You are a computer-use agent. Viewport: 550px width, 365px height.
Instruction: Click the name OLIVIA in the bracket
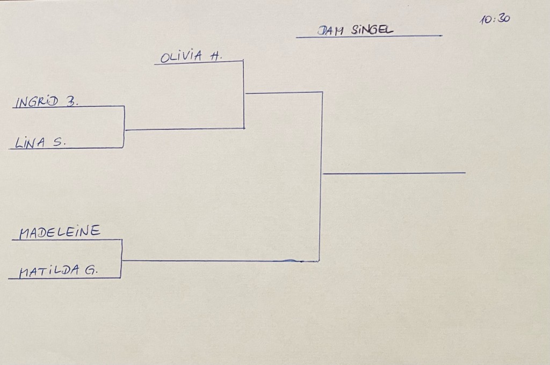click(x=182, y=57)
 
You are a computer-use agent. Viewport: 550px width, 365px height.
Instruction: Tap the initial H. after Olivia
click(x=216, y=56)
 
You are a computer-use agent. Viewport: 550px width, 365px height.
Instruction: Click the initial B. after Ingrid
click(x=72, y=101)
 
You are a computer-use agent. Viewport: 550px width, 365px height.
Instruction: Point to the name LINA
click(x=30, y=142)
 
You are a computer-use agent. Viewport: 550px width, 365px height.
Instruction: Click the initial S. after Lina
click(x=60, y=142)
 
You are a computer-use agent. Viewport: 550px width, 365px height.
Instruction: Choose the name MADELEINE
click(x=60, y=232)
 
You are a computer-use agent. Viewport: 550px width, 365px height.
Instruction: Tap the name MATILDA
click(x=49, y=271)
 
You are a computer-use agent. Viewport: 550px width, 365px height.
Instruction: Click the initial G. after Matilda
click(x=90, y=270)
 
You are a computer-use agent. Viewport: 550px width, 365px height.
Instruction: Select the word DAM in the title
click(x=330, y=31)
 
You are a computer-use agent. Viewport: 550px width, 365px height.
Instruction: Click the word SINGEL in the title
click(x=372, y=30)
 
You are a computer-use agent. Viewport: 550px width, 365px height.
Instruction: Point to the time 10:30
click(x=495, y=19)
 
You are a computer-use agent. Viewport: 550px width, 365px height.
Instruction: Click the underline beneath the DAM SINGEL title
click(x=369, y=36)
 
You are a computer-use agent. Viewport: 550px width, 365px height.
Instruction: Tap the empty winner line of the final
click(x=394, y=173)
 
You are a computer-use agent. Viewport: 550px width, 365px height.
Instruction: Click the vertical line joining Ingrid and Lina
click(x=124, y=127)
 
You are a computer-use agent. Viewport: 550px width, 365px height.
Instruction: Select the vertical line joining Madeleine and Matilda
click(x=121, y=259)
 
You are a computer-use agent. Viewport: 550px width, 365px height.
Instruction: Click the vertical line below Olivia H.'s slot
click(x=243, y=94)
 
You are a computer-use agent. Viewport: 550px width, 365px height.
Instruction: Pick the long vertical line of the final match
click(x=321, y=177)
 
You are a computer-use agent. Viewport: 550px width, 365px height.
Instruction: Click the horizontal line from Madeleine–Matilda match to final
click(x=220, y=260)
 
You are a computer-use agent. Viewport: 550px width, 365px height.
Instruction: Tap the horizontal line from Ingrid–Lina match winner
click(x=185, y=129)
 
